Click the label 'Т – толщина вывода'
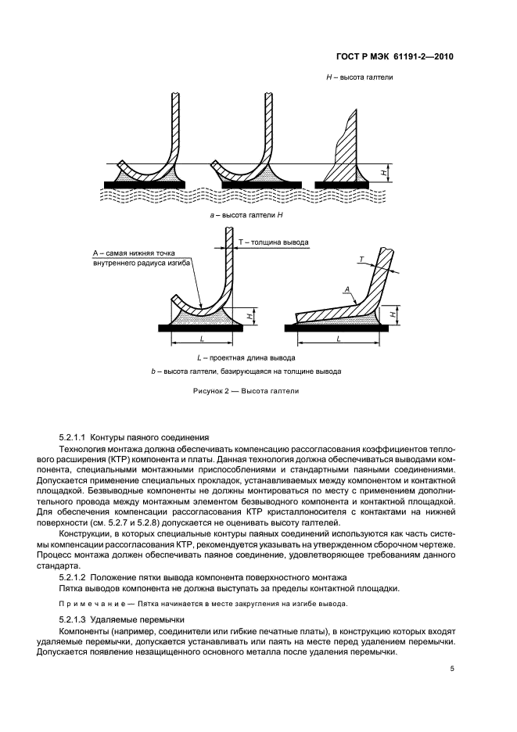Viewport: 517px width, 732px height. [x=273, y=242]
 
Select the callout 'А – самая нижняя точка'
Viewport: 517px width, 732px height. [x=134, y=253]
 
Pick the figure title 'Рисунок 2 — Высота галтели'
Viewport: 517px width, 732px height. [x=246, y=391]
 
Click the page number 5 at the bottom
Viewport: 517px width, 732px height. [x=452, y=669]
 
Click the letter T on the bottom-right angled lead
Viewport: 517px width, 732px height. [x=362, y=257]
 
